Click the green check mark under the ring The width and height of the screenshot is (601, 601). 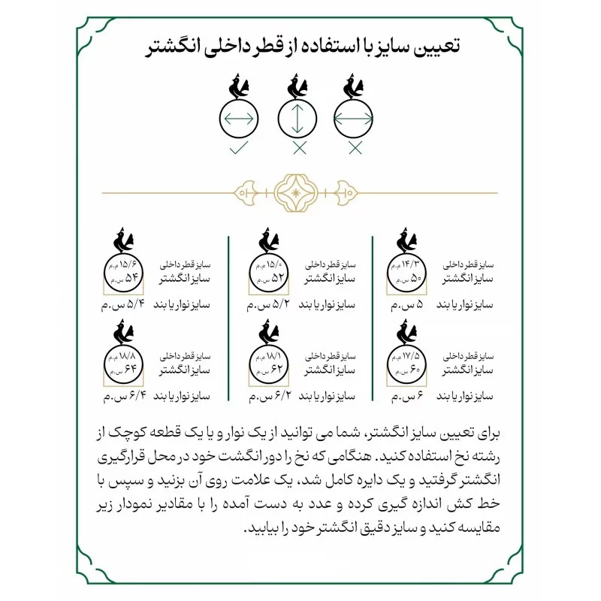[240, 148]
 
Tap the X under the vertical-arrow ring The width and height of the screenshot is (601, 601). [299, 148]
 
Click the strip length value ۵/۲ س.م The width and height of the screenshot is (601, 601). [271, 307]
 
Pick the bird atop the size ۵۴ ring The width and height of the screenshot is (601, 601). [123, 242]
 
